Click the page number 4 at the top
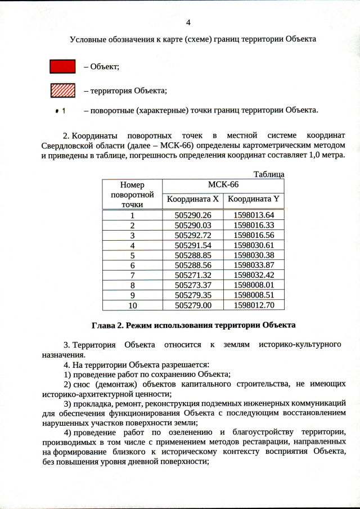[188, 22]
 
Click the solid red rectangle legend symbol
[62, 66]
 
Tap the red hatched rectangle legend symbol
[62, 90]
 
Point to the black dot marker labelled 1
[58, 110]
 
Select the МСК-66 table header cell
[223, 185]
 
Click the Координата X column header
[193, 199]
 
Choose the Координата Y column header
[254, 199]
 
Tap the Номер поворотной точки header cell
[132, 194]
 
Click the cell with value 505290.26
[193, 215]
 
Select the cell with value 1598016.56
[254, 235]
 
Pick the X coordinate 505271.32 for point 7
[193, 275]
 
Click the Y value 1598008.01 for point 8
[254, 285]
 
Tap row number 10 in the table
[132, 305]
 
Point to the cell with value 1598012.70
[254, 305]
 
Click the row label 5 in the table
[132, 255]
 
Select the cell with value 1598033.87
[254, 265]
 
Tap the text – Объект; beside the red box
[101, 66]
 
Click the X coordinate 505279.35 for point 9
[193, 295]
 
